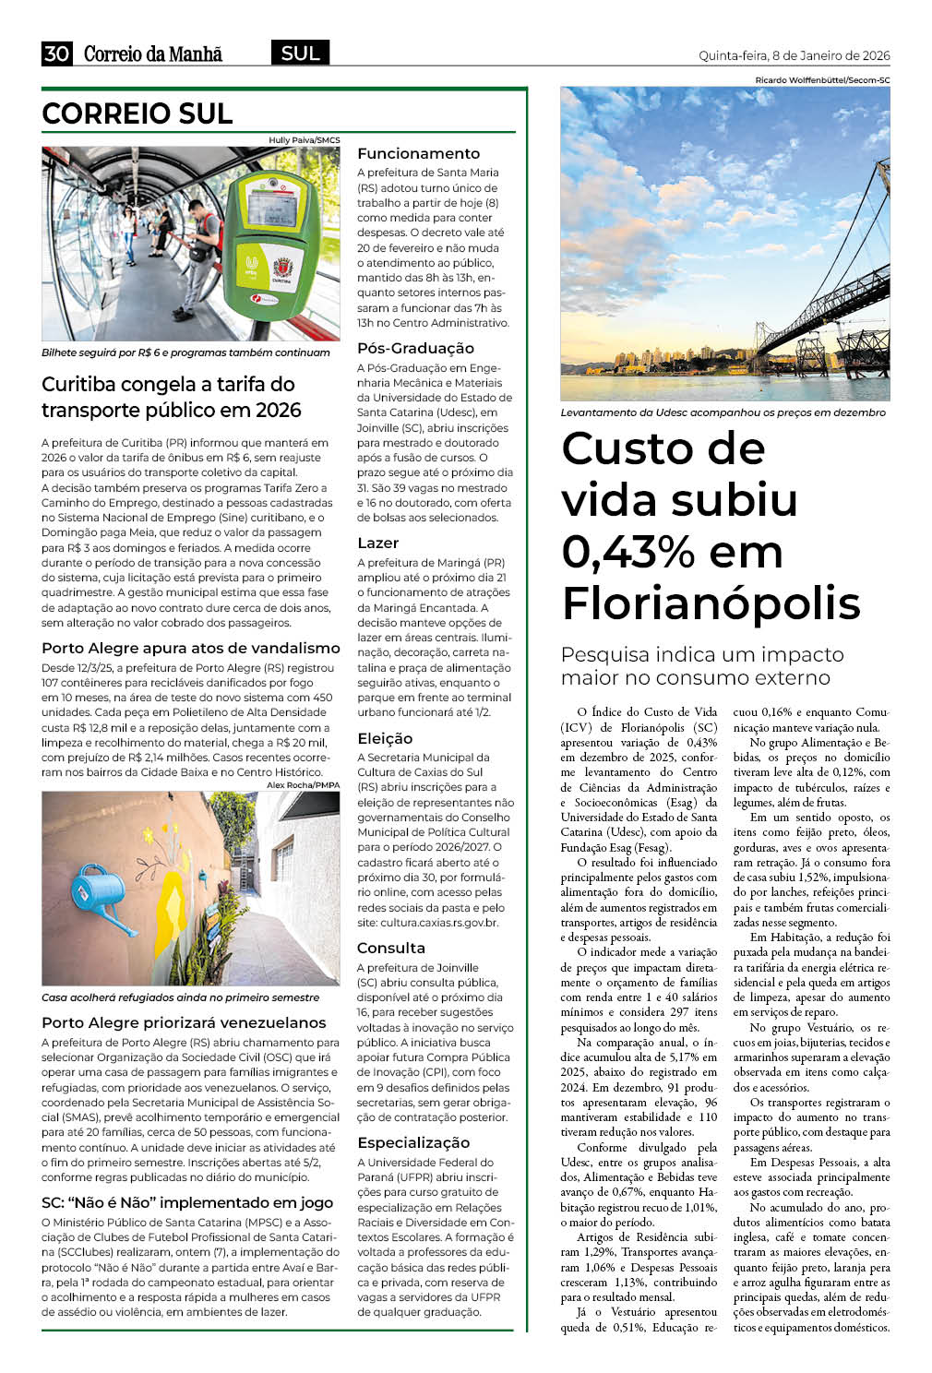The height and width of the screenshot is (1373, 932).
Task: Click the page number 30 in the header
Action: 56,54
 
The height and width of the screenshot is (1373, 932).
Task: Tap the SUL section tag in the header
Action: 300,54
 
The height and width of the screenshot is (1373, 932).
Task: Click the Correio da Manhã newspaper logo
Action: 153,54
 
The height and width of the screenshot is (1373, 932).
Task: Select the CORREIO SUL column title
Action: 137,113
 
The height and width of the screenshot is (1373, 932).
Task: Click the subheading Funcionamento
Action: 418,154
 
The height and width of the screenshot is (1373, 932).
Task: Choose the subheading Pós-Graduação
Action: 415,349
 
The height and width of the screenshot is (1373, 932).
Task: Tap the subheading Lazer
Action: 377,543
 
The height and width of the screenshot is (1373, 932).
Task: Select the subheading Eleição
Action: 385,738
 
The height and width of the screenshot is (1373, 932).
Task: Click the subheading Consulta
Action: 390,949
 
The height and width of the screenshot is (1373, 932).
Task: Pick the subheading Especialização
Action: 413,1143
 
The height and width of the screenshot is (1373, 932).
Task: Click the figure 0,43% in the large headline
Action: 627,552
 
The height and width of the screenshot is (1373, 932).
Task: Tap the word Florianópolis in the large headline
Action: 711,603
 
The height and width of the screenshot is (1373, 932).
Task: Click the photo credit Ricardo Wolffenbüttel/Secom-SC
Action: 821,80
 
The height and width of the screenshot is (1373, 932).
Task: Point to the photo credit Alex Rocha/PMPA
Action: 303,785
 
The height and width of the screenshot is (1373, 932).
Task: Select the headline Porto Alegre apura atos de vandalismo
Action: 190,649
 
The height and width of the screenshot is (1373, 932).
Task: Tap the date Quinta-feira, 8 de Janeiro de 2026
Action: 794,55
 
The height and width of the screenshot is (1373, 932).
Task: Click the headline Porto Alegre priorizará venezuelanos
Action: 184,1022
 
